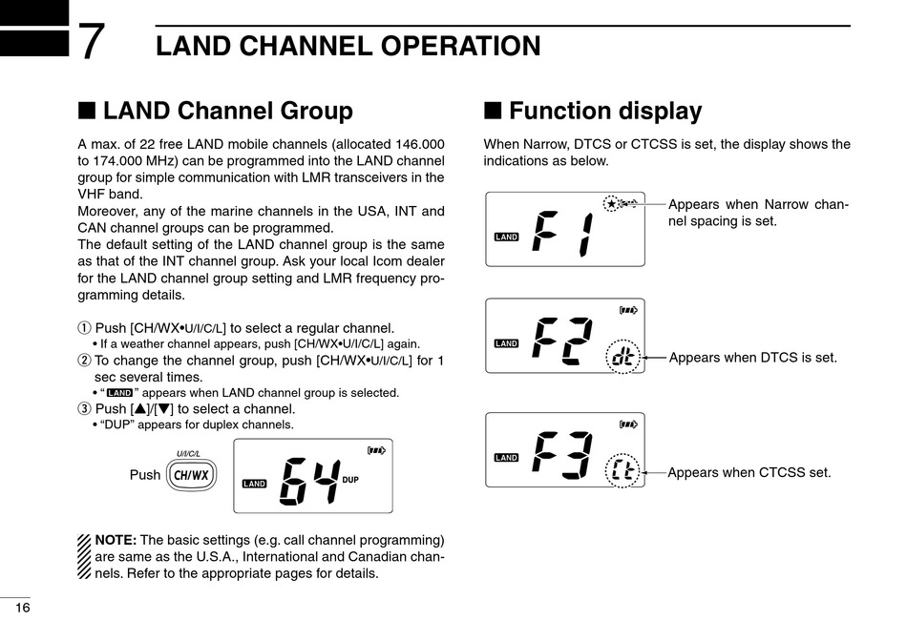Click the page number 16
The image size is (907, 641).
click(x=23, y=609)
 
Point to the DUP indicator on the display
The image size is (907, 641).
click(x=350, y=479)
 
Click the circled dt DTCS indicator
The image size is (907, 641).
click(x=622, y=359)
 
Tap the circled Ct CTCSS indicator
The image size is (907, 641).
click(x=622, y=471)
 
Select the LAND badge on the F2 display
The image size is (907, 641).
click(x=506, y=343)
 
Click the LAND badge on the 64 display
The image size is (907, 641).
click(x=254, y=484)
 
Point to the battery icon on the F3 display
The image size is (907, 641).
click(x=628, y=424)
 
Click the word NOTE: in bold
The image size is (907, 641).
click(x=116, y=540)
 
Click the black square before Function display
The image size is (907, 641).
click(x=492, y=111)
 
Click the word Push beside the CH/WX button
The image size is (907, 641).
click(x=145, y=475)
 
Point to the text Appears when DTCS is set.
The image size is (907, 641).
click(x=752, y=358)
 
